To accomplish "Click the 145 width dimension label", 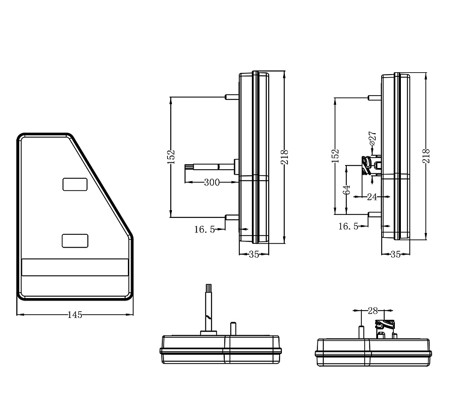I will pos(75,314).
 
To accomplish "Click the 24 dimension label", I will pos(371,196).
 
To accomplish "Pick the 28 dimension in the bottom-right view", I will pos(372,311).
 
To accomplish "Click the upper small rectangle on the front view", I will pos(75,184).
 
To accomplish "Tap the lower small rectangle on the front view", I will pos(75,241).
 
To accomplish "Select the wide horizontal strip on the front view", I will pos(75,267).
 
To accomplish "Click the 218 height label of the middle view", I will pos(284,157).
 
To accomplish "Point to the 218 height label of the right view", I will pos(426,157).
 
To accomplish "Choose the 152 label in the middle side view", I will pos(171,156).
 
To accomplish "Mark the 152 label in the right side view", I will pos(335,156).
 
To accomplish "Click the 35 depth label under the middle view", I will pos(253,254).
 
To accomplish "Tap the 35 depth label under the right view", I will pos(395,254).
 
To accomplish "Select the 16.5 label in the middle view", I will pos(204,229).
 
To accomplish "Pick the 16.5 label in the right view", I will pos(348,226).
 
